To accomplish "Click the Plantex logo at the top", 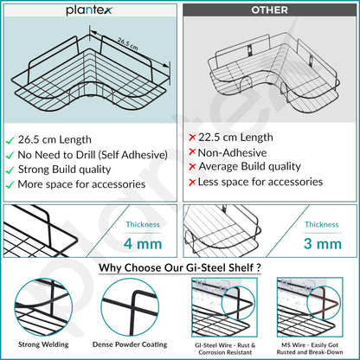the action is [x=88, y=10].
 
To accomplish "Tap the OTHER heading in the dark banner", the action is [x=269, y=10].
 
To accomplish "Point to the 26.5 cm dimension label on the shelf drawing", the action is [x=128, y=44].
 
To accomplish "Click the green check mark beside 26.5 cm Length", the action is [x=10, y=140].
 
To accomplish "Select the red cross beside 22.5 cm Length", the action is [x=192, y=138].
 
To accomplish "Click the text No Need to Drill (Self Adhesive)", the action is [x=93, y=155].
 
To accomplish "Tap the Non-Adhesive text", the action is [x=232, y=152].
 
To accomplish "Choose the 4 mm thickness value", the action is [x=143, y=244].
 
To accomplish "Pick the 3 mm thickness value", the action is [x=323, y=244].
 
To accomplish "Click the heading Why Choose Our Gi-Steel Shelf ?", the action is [x=180, y=267].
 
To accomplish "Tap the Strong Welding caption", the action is [x=43, y=344].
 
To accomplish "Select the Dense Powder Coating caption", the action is [x=130, y=344].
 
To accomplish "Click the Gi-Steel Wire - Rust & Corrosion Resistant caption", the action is [x=225, y=349].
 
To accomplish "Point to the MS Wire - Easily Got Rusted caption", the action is [x=310, y=349].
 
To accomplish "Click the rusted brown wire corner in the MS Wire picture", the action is [x=324, y=303].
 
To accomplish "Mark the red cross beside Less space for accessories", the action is [x=192, y=183].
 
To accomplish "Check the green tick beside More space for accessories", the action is [x=10, y=185].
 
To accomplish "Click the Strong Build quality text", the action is [x=64, y=170].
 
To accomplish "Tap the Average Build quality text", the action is [x=249, y=166].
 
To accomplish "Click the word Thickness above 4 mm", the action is [x=143, y=224].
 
